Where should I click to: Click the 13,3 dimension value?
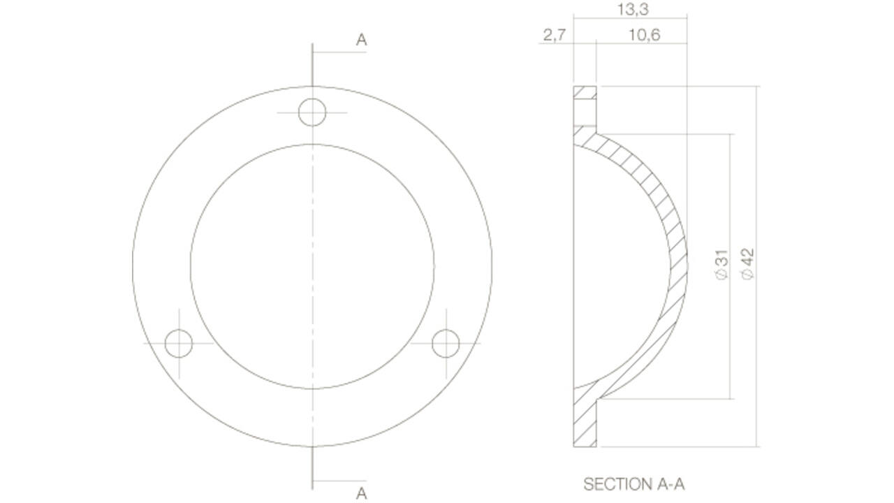[633, 10]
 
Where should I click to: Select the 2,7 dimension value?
[555, 36]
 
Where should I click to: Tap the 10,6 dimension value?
[645, 36]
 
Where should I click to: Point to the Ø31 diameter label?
[722, 265]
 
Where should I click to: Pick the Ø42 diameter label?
[747, 264]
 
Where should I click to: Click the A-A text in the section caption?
[671, 484]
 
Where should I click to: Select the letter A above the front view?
[361, 40]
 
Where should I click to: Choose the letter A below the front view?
[361, 494]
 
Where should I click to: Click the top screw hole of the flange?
[312, 112]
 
